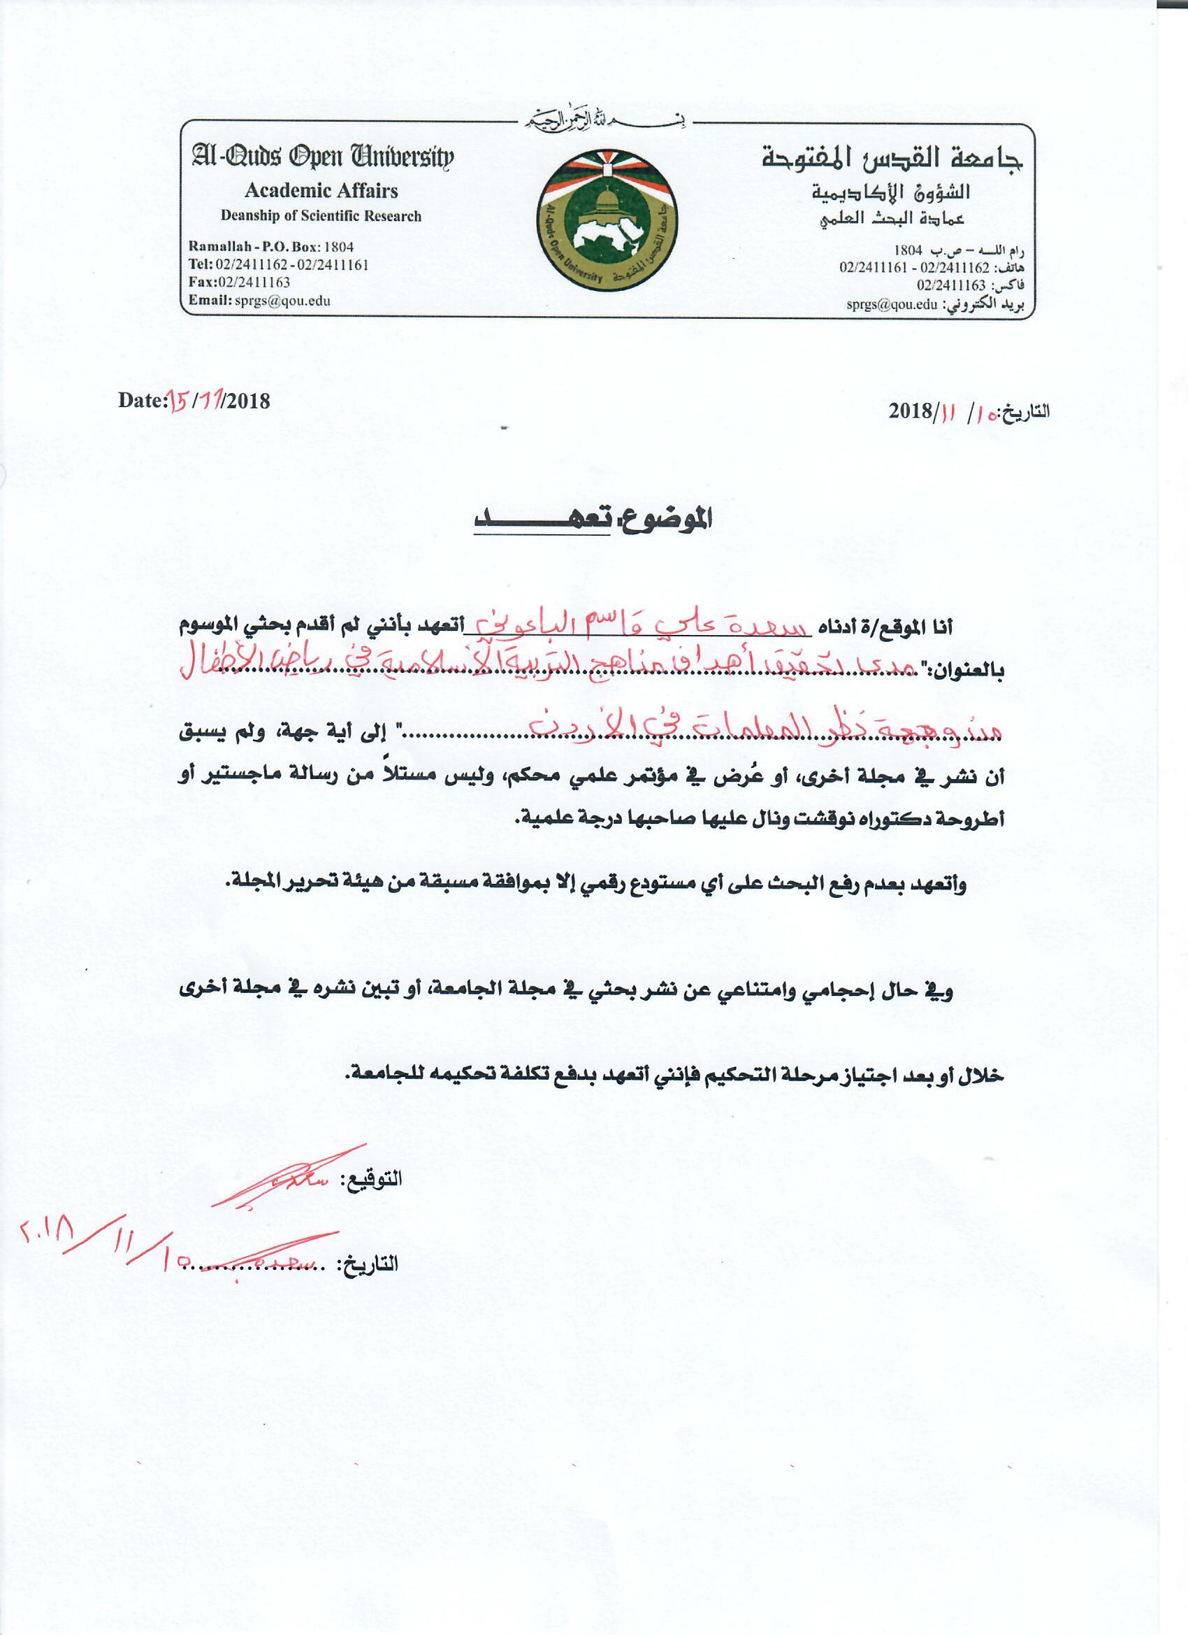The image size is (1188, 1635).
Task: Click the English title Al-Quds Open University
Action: coord(322,157)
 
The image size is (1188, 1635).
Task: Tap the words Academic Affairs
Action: coord(321,191)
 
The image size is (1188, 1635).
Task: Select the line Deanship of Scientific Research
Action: coord(321,215)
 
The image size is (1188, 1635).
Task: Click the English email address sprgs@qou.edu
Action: coord(282,301)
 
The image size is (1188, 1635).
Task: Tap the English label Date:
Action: coord(143,400)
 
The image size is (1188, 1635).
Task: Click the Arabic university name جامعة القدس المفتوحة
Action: coord(892,158)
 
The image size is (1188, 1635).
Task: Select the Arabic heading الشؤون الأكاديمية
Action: coord(890,192)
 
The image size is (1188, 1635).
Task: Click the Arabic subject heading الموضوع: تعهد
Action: coord(592,520)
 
